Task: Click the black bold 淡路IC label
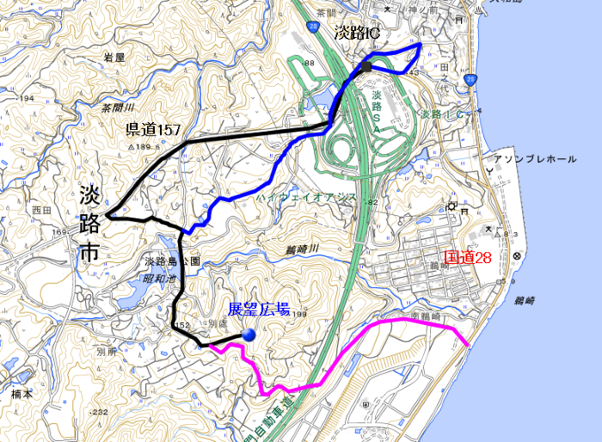coord(356,34)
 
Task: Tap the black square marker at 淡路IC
coord(366,66)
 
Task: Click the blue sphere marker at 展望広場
coord(249,335)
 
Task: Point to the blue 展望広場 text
coord(258,310)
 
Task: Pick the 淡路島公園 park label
coord(171,261)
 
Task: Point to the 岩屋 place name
coord(114,57)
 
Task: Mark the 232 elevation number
coord(100,412)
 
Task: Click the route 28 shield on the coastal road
coord(470,80)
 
